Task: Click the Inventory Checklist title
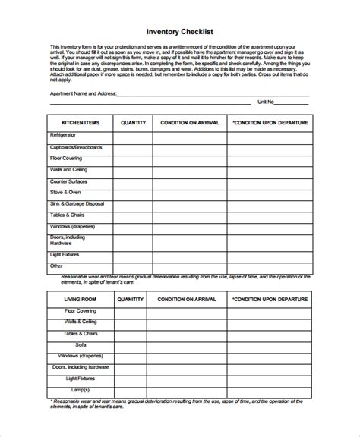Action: pos(180,31)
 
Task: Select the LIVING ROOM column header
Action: pos(80,300)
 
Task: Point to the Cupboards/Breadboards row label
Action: pos(76,146)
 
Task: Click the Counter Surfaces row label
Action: pos(72,182)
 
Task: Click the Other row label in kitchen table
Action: pos(56,266)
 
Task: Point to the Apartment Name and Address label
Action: pos(84,93)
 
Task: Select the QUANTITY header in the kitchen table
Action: pos(132,122)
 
